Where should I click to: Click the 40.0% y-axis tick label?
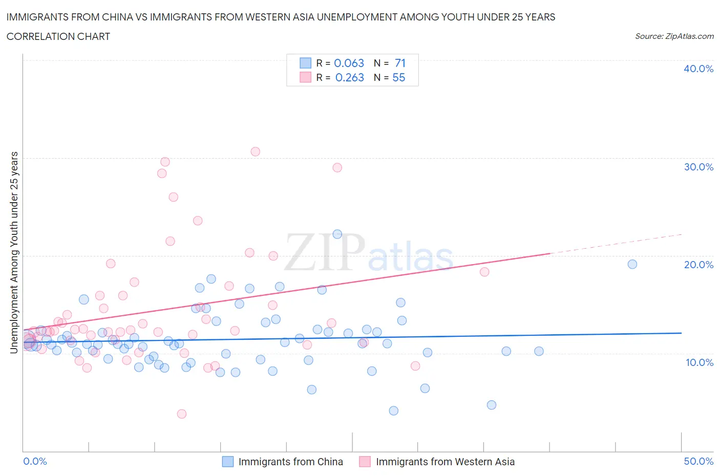click(698, 69)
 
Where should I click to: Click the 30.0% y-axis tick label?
click(698, 167)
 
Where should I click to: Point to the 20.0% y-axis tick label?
click(698, 265)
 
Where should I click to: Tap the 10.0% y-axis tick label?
click(698, 362)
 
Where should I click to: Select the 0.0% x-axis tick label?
click(35, 461)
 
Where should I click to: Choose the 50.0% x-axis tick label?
click(698, 461)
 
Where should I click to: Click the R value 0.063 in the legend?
click(349, 63)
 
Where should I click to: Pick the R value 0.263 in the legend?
click(349, 77)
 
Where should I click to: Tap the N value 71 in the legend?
click(400, 63)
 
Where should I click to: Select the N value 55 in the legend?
click(398, 77)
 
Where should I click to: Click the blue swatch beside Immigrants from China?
click(227, 462)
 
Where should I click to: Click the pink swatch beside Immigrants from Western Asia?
click(365, 462)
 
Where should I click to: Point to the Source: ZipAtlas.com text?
click(674, 36)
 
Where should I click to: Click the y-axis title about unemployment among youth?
click(14, 252)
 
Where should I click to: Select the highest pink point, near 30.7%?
click(255, 152)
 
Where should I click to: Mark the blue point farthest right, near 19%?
click(632, 264)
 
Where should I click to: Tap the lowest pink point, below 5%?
click(181, 414)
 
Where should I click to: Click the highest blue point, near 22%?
click(337, 234)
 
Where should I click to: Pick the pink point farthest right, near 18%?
click(484, 272)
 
